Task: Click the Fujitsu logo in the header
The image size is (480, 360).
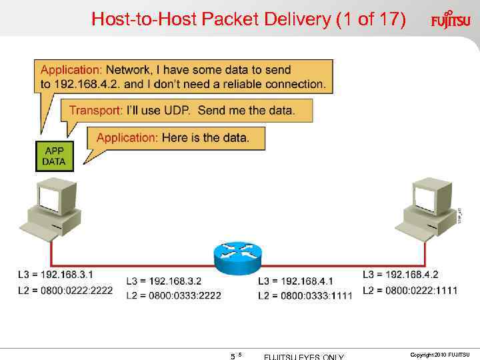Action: pos(450,19)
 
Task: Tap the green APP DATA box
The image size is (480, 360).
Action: pos(54,157)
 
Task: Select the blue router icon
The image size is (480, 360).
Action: pos(238,255)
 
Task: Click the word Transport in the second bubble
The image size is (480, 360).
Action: pos(95,110)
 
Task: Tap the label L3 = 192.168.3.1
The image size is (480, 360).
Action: pos(55,275)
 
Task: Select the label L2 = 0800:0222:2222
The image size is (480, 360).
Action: pos(65,290)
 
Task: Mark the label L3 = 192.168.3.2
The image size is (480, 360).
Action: pos(163,281)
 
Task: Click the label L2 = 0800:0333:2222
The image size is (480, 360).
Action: pos(173,295)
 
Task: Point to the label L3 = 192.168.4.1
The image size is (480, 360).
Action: pos(295,281)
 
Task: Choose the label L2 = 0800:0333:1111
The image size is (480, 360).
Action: pos(305,296)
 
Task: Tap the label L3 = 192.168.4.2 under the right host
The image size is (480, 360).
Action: pos(401,275)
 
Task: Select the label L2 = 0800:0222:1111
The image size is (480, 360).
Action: pos(411,290)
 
